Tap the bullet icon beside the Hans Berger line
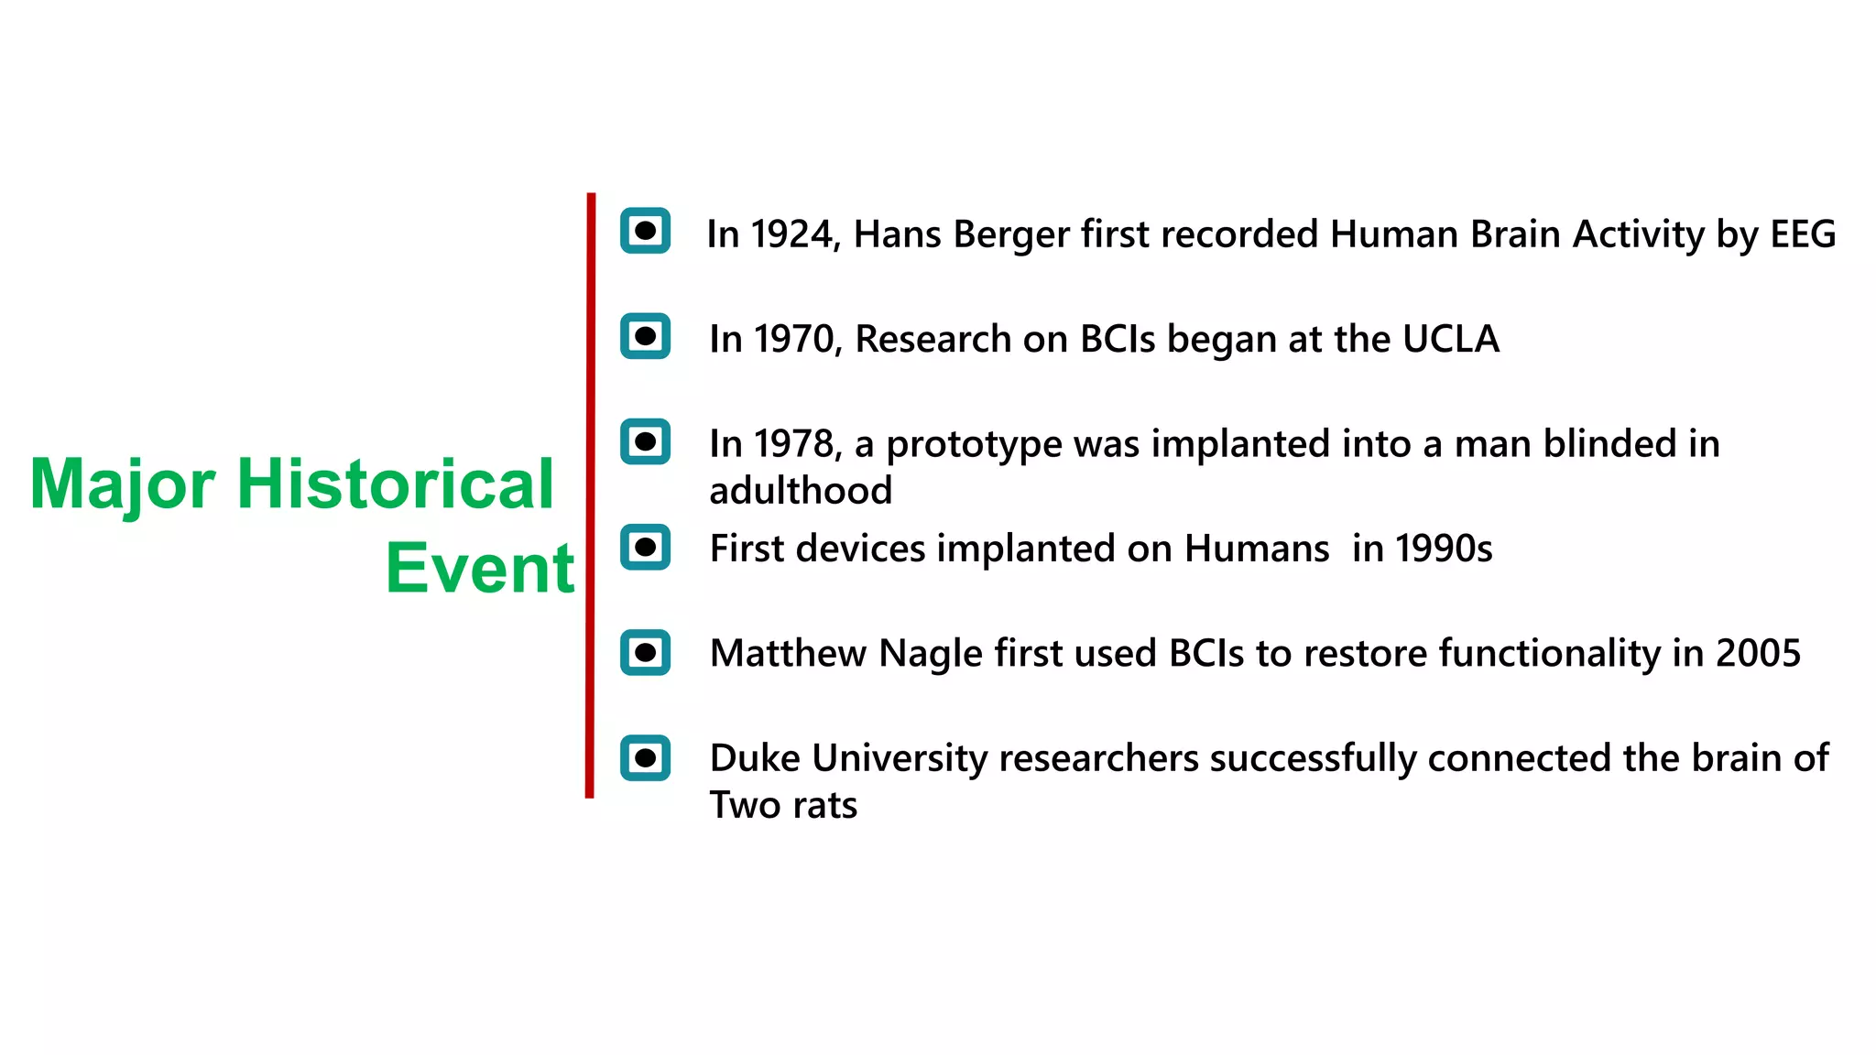tap(645, 231)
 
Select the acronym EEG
tap(1802, 234)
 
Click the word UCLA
tap(1450, 340)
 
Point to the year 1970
tap(793, 340)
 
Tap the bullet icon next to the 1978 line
tap(645, 441)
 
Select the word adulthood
tap(800, 491)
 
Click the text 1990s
tap(1444, 549)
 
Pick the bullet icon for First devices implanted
tap(645, 547)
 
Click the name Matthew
tap(788, 654)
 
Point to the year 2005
tap(1758, 654)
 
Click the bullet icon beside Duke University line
tap(645, 757)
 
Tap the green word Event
tap(479, 569)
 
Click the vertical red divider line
tap(590, 495)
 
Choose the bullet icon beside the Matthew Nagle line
tap(645, 652)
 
